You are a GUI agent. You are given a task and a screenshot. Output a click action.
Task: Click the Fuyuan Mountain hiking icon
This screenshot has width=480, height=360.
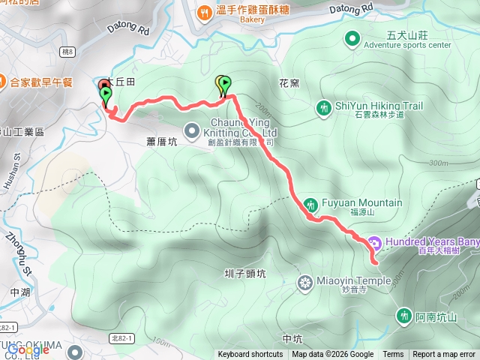pos(311,203)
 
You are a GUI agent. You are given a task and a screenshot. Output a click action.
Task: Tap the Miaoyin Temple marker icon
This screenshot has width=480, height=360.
pos(305,282)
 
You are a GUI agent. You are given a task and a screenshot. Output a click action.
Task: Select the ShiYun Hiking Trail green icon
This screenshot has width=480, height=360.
pos(323,108)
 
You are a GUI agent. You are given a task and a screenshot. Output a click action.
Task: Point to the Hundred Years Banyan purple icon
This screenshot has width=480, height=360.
pos(373,243)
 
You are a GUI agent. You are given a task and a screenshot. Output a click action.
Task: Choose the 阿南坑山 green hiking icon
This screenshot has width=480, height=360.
pos(403,316)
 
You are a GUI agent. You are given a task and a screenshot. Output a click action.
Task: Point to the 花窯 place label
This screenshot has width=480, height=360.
pos(289,82)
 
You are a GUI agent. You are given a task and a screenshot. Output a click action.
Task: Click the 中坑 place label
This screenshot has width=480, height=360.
pos(292,317)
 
